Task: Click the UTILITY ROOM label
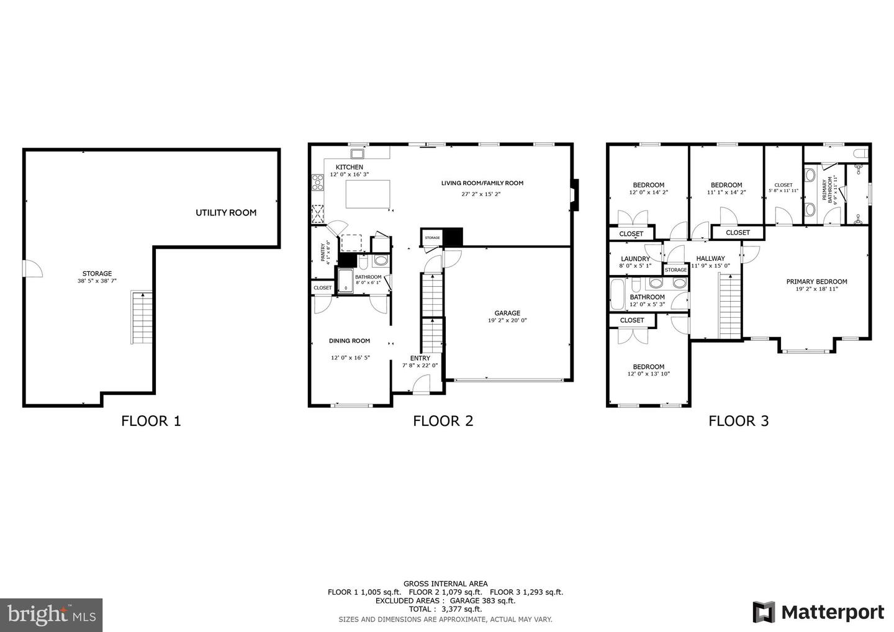[x=226, y=213]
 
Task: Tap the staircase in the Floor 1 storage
[x=142, y=318]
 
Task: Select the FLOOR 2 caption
[x=443, y=421]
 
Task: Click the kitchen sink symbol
[x=358, y=153]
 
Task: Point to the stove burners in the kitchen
[x=317, y=183]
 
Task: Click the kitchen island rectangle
[x=366, y=194]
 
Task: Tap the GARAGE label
[x=507, y=313]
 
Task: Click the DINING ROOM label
[x=350, y=341]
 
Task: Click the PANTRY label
[x=323, y=252]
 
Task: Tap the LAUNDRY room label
[x=635, y=259]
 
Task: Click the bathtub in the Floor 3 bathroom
[x=618, y=295]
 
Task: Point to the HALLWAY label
[x=710, y=258]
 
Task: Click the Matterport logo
[x=818, y=612]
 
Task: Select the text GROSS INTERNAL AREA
[x=445, y=584]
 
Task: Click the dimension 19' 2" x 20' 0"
[x=507, y=321]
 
